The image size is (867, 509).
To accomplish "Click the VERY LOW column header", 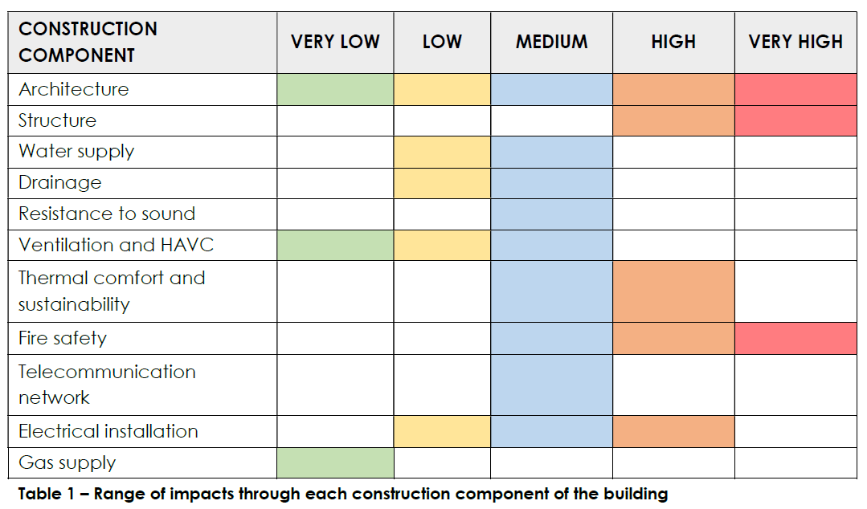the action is click(335, 42).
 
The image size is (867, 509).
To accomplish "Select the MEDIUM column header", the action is click(552, 42).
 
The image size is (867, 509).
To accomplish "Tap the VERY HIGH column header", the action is click(795, 42).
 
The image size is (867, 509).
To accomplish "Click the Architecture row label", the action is click(74, 89).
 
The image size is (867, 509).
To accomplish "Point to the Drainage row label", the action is click(59, 183).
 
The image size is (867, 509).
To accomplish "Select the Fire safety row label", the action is click(63, 338).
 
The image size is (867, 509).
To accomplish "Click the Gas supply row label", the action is click(67, 462).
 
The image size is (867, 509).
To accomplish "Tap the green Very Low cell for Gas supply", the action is click(336, 463).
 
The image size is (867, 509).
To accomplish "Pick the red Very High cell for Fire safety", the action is click(795, 338).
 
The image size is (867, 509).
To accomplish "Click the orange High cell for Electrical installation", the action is click(673, 432).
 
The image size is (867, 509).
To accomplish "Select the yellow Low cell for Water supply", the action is click(443, 152).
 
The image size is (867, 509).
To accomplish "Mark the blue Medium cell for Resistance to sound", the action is click(552, 214).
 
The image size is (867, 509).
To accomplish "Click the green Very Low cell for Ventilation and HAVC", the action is click(336, 246).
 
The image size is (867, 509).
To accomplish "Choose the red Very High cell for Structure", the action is click(795, 121).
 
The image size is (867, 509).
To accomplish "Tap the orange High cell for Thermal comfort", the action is click(673, 291).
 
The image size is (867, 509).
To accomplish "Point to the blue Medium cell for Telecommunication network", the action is click(552, 385).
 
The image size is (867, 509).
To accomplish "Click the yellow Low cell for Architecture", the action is click(443, 90).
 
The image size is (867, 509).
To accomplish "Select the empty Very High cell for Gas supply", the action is click(795, 463).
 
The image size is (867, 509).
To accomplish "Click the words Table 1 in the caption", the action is click(46, 494).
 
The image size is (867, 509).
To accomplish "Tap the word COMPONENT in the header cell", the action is click(77, 55).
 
